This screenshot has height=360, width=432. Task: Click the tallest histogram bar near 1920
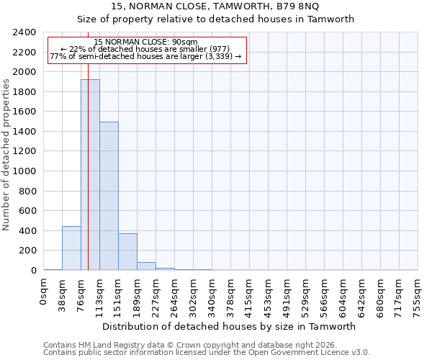point(90,175)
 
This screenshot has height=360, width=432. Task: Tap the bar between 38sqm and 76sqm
point(71,248)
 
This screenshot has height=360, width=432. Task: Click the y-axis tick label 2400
point(24,32)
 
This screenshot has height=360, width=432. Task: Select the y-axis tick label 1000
point(24,171)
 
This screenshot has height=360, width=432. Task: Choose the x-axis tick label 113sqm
point(100,296)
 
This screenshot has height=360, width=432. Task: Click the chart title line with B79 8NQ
point(215,6)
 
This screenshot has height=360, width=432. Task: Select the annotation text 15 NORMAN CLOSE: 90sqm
point(145,42)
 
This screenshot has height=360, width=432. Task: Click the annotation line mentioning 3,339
point(145,56)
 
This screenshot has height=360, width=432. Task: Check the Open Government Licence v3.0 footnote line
point(207,353)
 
